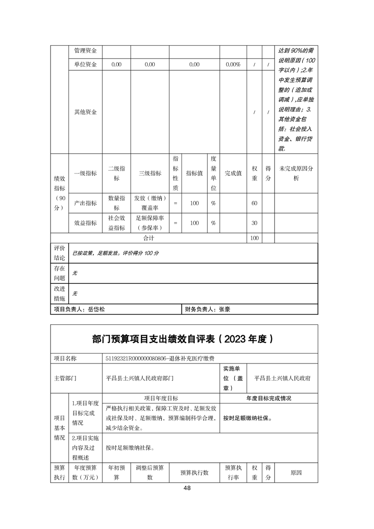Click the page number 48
187,488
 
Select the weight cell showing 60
254,203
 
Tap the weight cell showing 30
254,223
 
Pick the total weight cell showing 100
254,239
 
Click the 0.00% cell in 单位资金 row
233,65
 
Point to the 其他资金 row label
85,112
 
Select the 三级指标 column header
150,174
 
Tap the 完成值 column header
233,174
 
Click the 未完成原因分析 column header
296,174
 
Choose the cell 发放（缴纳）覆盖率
150,203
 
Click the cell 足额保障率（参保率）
150,223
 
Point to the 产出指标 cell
85,203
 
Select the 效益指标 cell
85,223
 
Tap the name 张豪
224,309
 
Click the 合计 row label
149,239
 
